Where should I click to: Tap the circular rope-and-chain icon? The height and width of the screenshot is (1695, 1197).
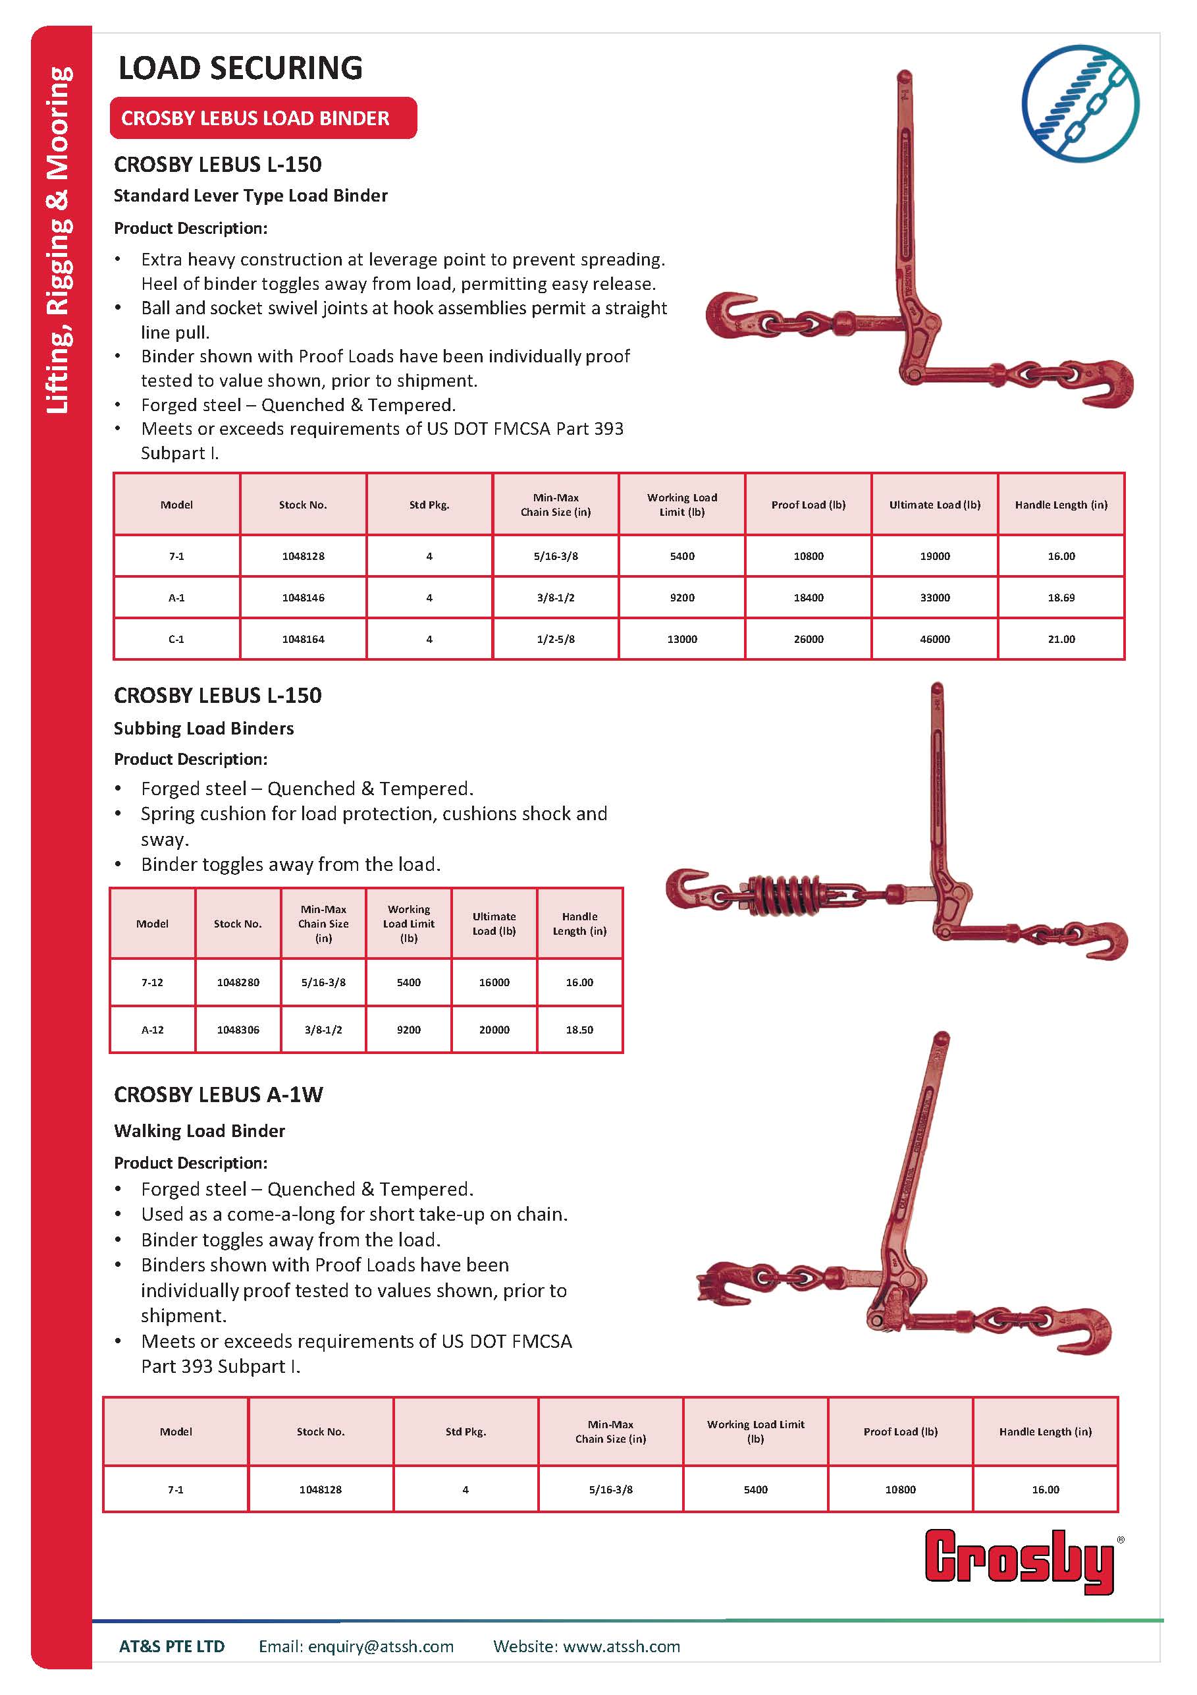coord(1080,103)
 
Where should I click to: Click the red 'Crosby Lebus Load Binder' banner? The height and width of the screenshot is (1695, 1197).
coord(263,118)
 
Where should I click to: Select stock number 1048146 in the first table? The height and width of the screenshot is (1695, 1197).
coord(303,597)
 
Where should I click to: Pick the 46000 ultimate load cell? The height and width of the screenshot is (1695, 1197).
coord(934,638)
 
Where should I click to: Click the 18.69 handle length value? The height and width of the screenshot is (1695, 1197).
coord(1061,597)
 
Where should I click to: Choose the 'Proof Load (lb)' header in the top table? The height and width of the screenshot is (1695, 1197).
coord(808,505)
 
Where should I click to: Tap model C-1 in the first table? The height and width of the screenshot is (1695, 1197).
coord(176,638)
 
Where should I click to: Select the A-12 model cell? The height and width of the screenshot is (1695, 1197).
coord(153,1029)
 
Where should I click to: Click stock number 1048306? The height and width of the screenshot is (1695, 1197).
coord(238,1029)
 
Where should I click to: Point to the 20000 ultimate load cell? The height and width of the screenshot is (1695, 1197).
coord(494,1029)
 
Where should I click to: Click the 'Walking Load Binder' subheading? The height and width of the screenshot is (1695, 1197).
coord(199,1130)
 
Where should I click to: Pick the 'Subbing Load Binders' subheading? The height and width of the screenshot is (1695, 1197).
coord(203,729)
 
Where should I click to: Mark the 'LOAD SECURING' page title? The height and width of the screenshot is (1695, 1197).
coord(240,68)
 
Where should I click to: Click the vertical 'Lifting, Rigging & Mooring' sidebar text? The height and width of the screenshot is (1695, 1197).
coord(60,240)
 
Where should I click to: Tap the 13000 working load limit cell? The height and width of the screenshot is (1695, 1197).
coord(682,638)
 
